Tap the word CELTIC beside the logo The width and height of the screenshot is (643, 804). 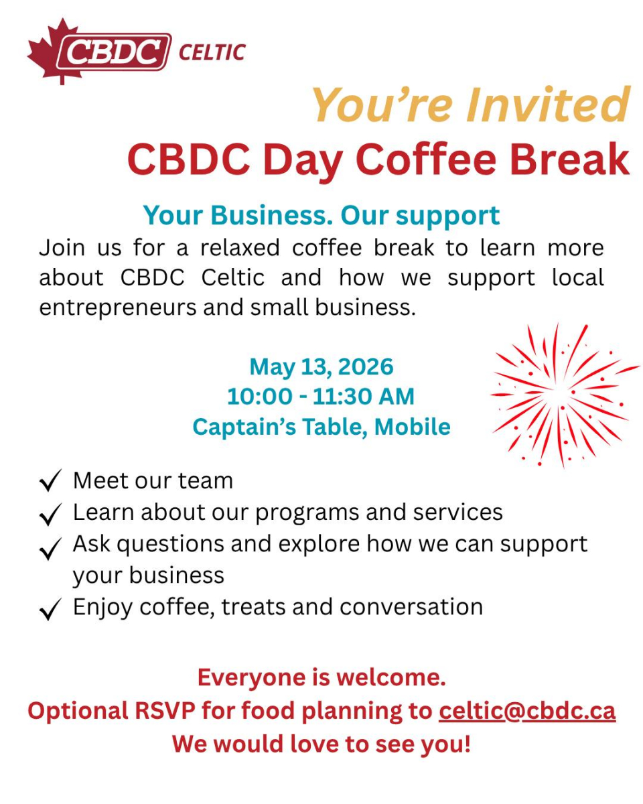pyautogui.click(x=212, y=52)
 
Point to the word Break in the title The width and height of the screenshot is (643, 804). pyautogui.click(x=570, y=159)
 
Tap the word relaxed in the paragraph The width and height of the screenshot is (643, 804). pyautogui.click(x=240, y=248)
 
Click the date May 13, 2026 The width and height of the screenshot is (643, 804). pyautogui.click(x=321, y=367)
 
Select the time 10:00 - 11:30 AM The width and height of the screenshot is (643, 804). pyautogui.click(x=321, y=397)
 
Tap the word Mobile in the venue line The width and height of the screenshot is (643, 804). pyautogui.click(x=412, y=427)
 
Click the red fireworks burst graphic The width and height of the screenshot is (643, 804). pyautogui.click(x=565, y=395)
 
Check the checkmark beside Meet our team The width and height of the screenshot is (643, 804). pyautogui.click(x=50, y=481)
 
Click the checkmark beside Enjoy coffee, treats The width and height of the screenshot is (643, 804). pyautogui.click(x=50, y=610)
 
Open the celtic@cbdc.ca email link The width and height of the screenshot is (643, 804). pyautogui.click(x=527, y=711)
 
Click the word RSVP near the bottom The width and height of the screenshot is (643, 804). pyautogui.click(x=165, y=711)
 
